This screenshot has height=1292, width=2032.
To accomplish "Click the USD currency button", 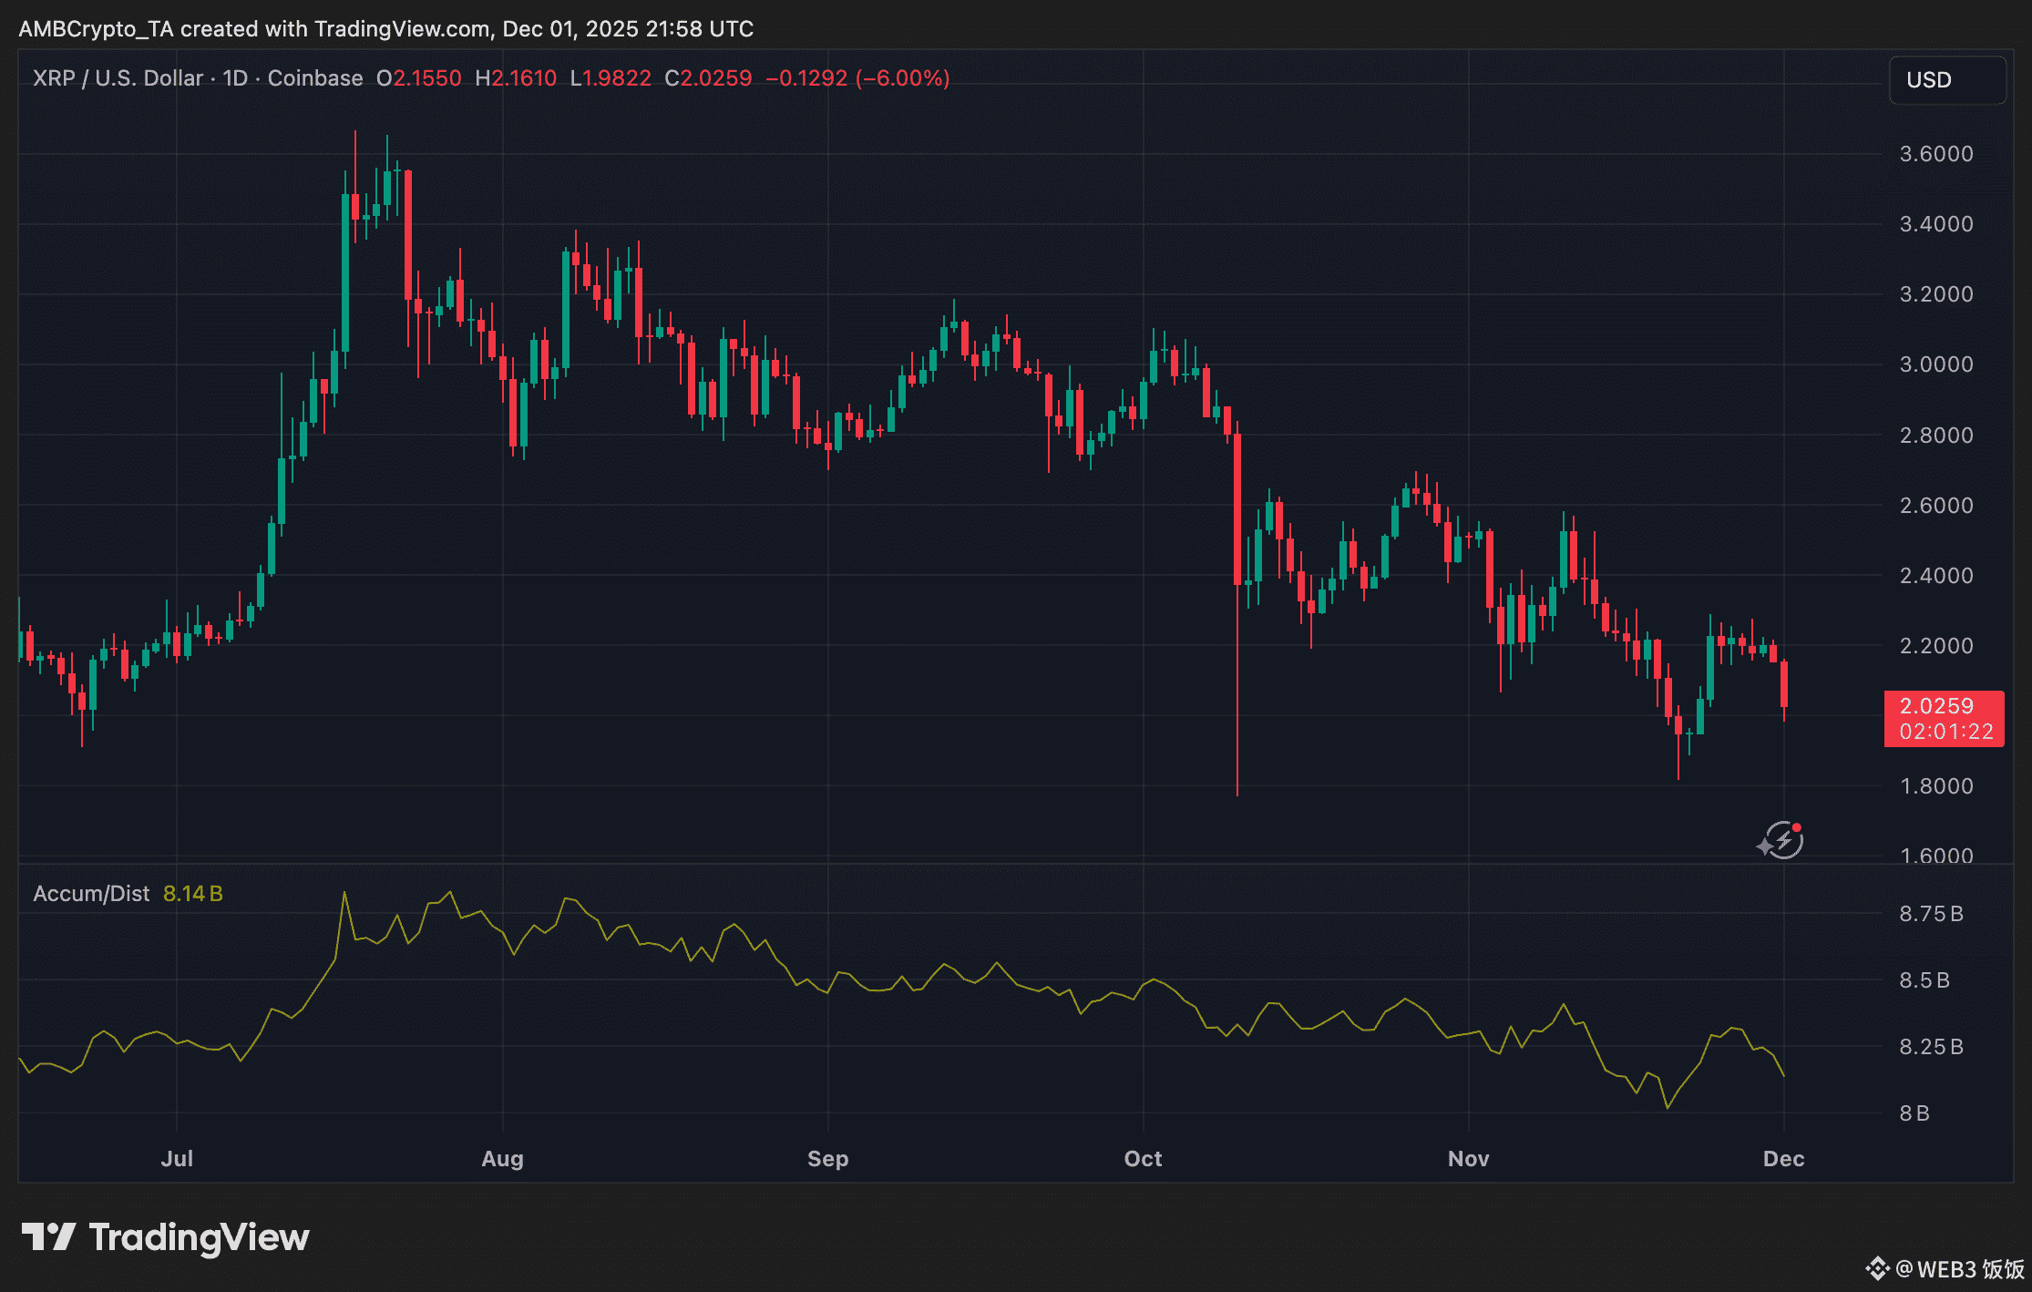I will tap(1946, 80).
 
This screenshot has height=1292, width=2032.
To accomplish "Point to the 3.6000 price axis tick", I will tap(1935, 154).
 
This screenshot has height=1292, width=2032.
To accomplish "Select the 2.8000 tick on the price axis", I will tap(1935, 436).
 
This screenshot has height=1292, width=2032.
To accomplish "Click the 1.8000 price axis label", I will tap(1935, 786).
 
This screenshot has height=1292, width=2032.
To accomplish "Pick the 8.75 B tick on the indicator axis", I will tap(1930, 914).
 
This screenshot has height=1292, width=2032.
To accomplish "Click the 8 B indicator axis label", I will tap(1914, 1113).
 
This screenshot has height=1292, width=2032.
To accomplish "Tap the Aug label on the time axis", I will tap(502, 1159).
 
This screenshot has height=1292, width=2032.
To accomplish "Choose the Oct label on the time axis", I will tap(1143, 1159).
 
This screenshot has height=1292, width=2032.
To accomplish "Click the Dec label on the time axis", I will tap(1783, 1159).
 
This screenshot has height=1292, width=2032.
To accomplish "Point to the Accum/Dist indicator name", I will tap(91, 894).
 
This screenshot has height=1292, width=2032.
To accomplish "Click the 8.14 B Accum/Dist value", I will tap(192, 894).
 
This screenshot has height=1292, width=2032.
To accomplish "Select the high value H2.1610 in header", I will tap(516, 78).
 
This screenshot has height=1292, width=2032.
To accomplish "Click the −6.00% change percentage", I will tap(902, 78).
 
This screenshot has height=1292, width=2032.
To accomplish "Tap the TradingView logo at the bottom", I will tap(166, 1237).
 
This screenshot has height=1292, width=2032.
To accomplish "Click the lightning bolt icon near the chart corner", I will tap(1781, 840).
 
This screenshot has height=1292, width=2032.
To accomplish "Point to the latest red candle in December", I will tap(1783, 684).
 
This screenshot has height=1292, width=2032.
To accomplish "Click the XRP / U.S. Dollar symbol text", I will tap(118, 78).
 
